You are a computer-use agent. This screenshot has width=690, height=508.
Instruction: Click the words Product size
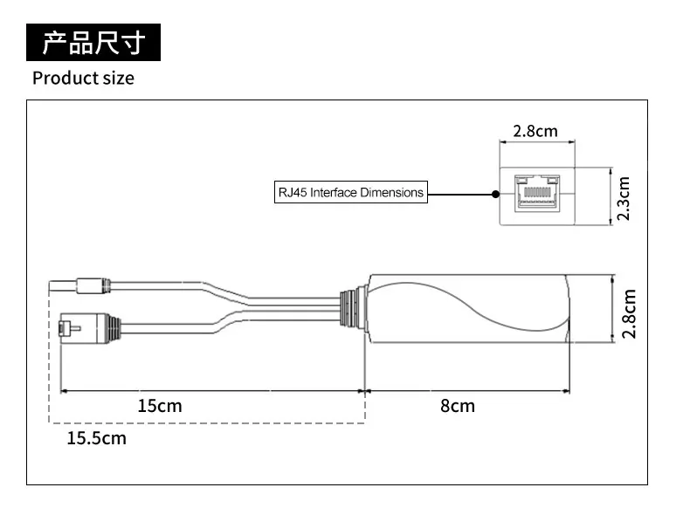click(x=83, y=78)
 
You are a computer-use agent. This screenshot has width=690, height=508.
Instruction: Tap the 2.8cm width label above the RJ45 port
click(x=535, y=132)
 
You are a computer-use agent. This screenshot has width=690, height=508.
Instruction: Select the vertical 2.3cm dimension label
click(x=624, y=198)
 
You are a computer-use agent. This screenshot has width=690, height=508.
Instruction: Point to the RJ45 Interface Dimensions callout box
click(x=349, y=192)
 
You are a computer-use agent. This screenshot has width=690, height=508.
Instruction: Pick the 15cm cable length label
click(x=160, y=405)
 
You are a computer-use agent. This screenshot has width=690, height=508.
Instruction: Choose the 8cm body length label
click(x=457, y=405)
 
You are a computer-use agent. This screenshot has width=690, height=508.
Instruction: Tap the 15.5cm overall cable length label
click(x=96, y=437)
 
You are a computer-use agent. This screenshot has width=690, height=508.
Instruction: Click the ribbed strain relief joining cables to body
click(x=352, y=308)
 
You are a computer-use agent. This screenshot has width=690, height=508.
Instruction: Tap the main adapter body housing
click(x=463, y=308)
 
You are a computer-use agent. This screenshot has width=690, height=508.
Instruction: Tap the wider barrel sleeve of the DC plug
click(x=93, y=285)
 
